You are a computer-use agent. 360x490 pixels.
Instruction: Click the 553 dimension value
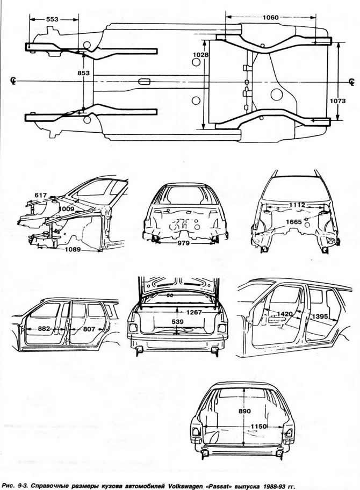tap(52, 19)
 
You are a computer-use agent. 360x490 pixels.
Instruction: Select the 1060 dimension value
tap(270, 18)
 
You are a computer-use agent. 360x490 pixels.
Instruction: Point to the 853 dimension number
tap(83, 73)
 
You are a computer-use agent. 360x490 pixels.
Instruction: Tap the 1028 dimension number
tap(200, 55)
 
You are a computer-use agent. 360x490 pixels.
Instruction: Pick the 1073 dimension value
tap(338, 100)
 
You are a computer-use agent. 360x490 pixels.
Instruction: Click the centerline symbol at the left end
tap(13, 81)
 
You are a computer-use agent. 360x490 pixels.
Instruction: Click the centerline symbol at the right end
tap(352, 82)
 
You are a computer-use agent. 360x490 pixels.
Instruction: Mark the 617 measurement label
tap(40, 196)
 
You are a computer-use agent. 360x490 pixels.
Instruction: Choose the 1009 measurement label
tap(67, 209)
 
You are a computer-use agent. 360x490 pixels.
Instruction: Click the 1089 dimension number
tap(73, 249)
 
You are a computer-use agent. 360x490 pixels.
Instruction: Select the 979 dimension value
tap(183, 243)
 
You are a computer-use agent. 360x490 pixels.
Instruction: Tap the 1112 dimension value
tap(297, 205)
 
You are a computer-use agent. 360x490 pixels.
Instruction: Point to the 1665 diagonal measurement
tap(294, 222)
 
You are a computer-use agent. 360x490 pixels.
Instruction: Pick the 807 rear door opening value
tap(89, 329)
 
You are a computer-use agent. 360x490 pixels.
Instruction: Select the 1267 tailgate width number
tap(194, 312)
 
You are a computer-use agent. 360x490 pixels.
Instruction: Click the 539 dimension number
tap(177, 321)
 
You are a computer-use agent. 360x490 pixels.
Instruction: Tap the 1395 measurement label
tap(320, 316)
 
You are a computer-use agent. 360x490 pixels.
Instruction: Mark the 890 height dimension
tap(244, 411)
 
